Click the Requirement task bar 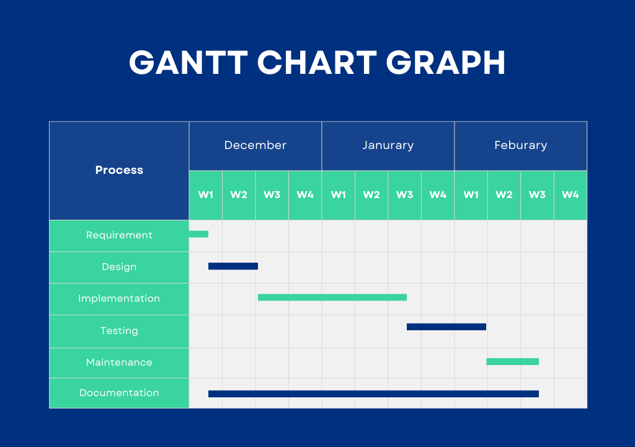coord(198,234)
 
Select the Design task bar coord(233,266)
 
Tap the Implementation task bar coord(332,297)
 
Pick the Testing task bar coord(446,327)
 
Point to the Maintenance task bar coord(512,362)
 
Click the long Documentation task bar coord(373,394)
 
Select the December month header coord(255,146)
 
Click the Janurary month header coord(388,146)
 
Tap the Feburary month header coord(521,146)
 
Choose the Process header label coord(119,170)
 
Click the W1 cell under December coord(206,195)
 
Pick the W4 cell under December coord(305,195)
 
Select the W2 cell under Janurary coord(371,195)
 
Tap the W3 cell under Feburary coord(538,195)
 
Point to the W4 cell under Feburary coord(571,195)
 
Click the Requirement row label coord(119,235)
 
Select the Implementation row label coord(119,299)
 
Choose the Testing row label coord(119,330)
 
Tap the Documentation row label coord(119,392)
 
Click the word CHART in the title coord(317,63)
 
